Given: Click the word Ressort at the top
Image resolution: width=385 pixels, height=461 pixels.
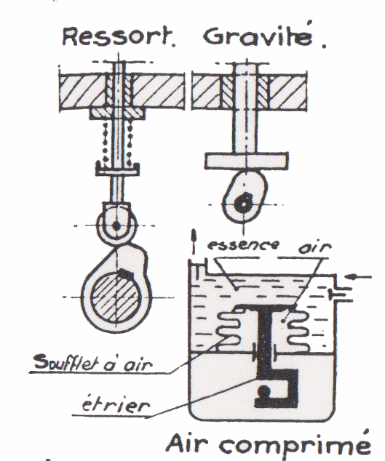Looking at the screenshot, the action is click(117, 36).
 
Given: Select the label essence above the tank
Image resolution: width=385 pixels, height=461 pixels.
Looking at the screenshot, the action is click(243, 244).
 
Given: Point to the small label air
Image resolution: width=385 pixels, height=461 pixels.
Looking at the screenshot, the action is click(314, 247).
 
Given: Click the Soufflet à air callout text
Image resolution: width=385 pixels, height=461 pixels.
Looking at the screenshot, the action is click(93, 362).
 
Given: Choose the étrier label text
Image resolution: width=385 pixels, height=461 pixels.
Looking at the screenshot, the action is click(116, 405).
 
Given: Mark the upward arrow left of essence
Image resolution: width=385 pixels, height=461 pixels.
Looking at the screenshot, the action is click(194, 241).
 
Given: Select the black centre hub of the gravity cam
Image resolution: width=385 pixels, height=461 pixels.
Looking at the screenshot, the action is click(243, 204).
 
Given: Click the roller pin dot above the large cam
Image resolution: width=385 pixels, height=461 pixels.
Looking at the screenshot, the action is click(116, 226).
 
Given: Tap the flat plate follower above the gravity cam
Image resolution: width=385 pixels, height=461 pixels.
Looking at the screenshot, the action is click(247, 161).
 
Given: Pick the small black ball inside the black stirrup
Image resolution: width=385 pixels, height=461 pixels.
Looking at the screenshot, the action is click(263, 390).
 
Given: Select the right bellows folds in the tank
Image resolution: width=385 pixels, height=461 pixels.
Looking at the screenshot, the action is click(297, 329).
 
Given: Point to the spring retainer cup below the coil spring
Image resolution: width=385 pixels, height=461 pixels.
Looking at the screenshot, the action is click(117, 169).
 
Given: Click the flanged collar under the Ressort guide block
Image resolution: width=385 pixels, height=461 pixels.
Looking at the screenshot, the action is click(117, 113).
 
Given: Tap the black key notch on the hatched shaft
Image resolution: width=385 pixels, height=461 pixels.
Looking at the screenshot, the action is click(126, 273).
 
